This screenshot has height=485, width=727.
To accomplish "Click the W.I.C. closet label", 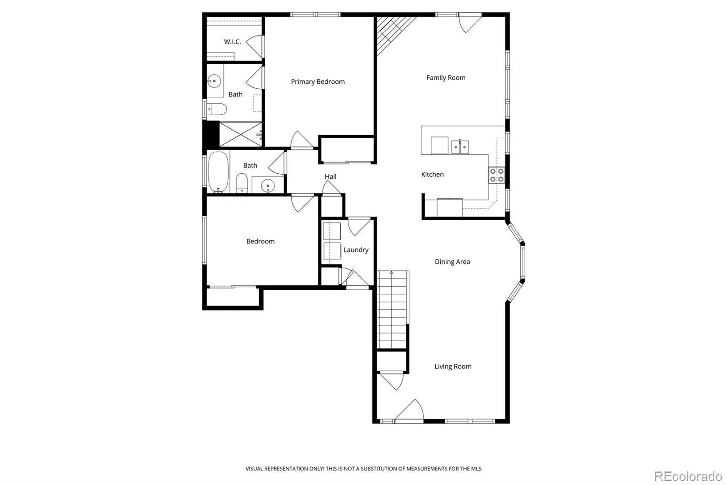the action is pos(232,41).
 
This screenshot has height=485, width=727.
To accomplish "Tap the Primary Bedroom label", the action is pos(318,81).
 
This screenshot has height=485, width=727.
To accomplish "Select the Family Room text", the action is pos(446,78).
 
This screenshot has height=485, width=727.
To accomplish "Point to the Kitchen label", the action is pos(432,174).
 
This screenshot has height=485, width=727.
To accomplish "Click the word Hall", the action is pos(330,177).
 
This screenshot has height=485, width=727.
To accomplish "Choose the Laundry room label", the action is pos(356,250).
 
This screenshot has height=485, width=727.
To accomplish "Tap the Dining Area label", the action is pos(452,262).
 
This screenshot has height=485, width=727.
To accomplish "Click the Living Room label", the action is pos(453,366).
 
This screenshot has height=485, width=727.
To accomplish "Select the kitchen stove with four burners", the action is pos(497,175).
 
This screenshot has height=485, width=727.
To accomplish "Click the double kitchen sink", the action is pos(460,147).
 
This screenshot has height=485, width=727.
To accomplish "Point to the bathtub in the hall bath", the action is pos(219,172).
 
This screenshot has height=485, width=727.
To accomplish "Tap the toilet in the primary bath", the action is pos(217,109).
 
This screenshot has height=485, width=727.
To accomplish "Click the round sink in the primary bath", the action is pos(214,81).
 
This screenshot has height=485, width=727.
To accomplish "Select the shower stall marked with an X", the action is pos(240,134).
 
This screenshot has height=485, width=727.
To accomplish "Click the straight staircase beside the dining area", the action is pos(392,309).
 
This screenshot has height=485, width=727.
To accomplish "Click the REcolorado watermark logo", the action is pos(688,476).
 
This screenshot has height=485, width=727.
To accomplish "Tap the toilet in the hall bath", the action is pos(241,183).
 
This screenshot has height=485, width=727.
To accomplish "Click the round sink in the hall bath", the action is pos(268,186).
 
